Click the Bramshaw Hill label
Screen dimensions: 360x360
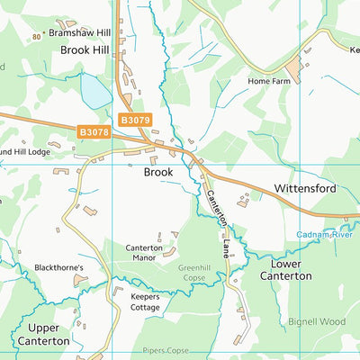click(x=85, y=32)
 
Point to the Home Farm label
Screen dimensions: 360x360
click(x=271, y=80)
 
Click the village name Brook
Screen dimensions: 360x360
click(x=158, y=170)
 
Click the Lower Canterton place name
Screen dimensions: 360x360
click(x=285, y=269)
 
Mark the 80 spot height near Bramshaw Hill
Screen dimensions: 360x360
click(x=36, y=37)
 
